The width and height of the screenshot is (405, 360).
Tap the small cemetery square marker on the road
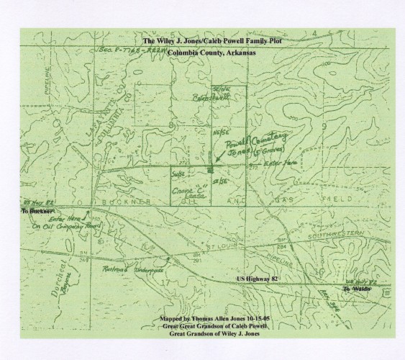[x=209, y=171]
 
